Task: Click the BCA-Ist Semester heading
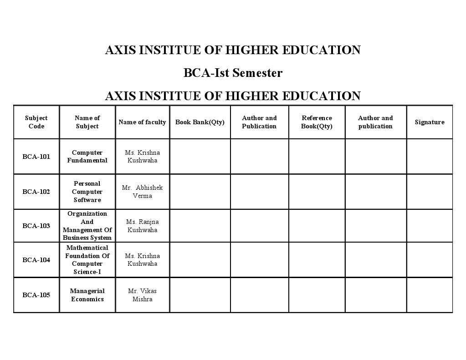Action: tap(233, 73)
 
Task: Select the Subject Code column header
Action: tap(36, 122)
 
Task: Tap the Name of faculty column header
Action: tap(142, 122)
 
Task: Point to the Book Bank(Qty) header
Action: tap(200, 122)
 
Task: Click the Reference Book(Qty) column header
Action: tap(317, 122)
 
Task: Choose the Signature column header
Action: tap(430, 122)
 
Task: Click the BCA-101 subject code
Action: tap(36, 157)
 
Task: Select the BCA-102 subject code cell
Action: tap(36, 192)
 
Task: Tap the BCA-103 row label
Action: tap(36, 226)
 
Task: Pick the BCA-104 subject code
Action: tap(36, 260)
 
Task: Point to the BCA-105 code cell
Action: tap(36, 295)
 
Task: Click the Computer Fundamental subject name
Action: tap(87, 157)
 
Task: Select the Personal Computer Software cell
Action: tap(87, 192)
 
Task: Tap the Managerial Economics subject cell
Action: tap(87, 295)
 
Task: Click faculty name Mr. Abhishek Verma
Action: tap(142, 192)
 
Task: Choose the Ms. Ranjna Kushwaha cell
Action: tap(142, 226)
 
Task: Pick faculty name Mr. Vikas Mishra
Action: tap(142, 295)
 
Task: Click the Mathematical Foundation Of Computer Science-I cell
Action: tap(87, 260)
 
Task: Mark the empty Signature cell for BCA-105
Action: tap(430, 295)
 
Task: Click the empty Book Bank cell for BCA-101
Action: tap(200, 157)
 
